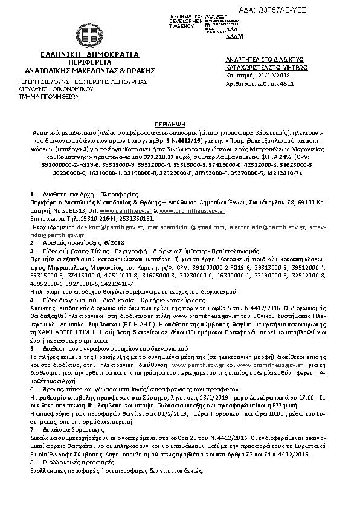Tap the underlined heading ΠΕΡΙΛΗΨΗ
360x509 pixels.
[179, 121]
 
